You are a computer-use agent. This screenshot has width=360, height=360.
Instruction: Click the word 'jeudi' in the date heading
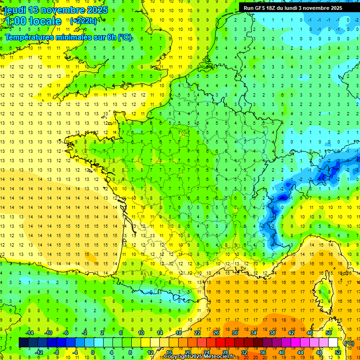15,10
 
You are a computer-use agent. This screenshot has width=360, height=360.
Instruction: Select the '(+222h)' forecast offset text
83,21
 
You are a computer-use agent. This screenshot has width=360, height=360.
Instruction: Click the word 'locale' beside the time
46,21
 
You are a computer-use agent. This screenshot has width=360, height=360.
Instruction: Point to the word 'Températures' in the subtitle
28,37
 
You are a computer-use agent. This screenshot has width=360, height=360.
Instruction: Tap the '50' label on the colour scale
329,333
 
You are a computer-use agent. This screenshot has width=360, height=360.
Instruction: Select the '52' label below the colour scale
338,352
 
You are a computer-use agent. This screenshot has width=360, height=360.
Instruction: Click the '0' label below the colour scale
93,352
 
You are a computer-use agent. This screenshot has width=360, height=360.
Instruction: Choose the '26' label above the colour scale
216,333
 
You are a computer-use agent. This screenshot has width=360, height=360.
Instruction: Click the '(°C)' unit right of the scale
349,343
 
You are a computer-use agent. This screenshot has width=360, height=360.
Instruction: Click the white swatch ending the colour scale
333,343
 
